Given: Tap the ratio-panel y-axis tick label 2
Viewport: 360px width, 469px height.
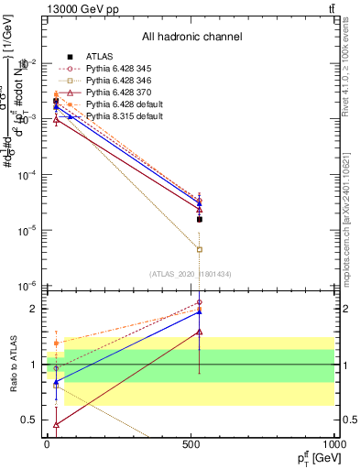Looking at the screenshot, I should coord(31,309).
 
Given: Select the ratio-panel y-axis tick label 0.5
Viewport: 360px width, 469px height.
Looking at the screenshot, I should coord(28,420).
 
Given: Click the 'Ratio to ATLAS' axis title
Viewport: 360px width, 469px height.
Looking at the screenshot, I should coord(14,364).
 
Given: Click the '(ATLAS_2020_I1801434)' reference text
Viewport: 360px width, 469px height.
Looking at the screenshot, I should coord(191,274).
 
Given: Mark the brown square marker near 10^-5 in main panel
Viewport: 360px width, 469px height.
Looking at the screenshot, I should coord(200,249).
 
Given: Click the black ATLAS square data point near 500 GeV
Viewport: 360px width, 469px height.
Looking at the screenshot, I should coord(200,219).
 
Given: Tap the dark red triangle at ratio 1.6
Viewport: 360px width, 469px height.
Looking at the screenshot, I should coord(200,333).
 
